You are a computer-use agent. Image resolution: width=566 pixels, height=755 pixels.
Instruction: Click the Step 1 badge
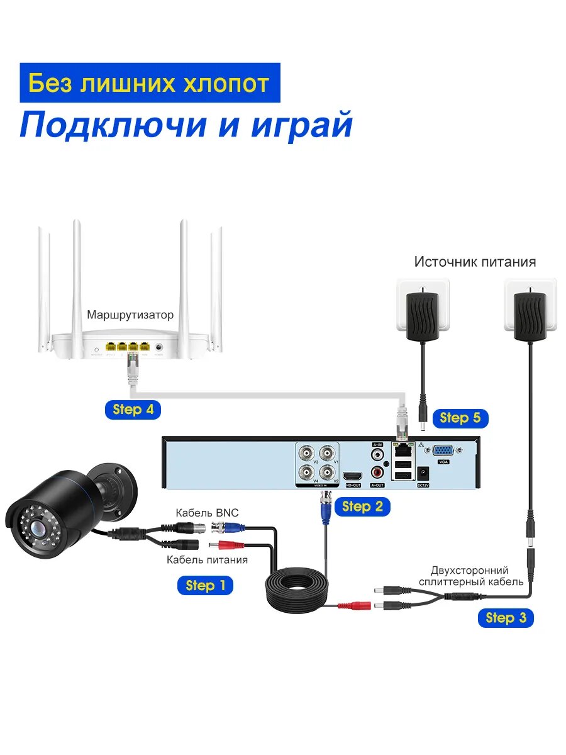coord(205,586)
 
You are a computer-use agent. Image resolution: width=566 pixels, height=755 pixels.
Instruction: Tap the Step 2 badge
coord(362,506)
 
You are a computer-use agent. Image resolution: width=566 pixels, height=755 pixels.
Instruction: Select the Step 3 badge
coord(506,618)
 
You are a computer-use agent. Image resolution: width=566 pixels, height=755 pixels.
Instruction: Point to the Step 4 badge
coord(133,410)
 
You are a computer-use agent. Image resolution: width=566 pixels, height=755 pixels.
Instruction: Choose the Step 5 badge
coord(460,418)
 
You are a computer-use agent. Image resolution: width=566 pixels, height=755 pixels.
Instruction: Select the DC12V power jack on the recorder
coord(423,473)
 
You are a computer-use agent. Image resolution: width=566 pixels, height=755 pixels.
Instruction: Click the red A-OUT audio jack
coord(377,470)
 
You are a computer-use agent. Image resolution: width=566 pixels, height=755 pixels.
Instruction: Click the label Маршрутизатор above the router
coord(130,315)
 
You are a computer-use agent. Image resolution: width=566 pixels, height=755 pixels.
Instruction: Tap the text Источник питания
coord(475,262)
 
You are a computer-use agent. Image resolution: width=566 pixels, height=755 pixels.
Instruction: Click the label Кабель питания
coord(207,559)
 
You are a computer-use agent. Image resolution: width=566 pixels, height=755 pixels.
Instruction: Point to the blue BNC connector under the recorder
coord(326,510)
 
